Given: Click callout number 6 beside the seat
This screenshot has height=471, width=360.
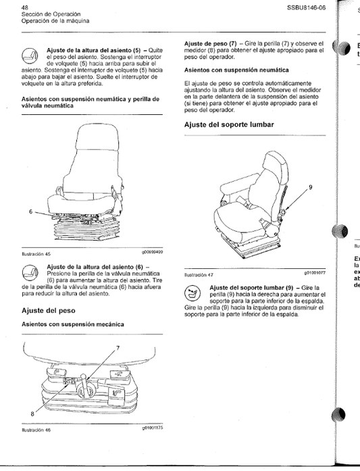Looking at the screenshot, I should tap(30, 211).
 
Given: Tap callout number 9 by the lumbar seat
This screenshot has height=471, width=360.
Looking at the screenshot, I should tap(311, 187).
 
